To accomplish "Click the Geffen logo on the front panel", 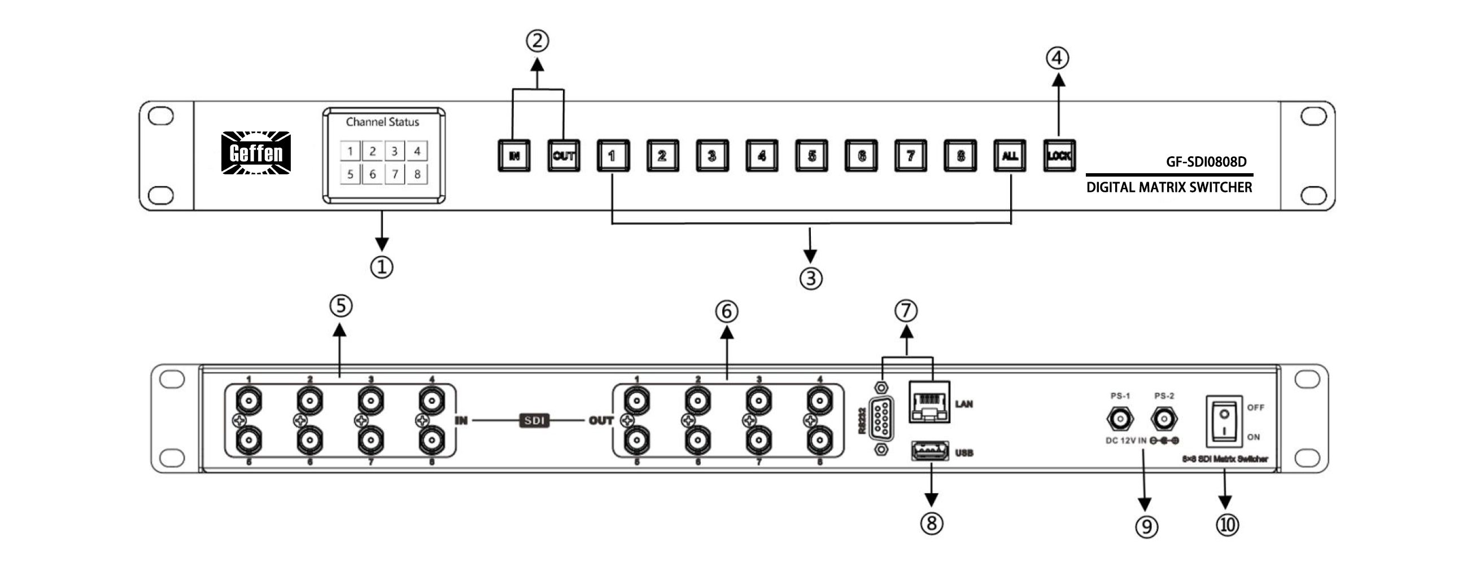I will tap(256, 152).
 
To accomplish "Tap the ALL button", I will tap(1010, 155).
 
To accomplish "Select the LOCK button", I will tap(1059, 155).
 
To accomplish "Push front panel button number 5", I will tap(811, 155).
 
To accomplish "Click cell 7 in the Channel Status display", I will tap(395, 174).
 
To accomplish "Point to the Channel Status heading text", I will tap(382, 122).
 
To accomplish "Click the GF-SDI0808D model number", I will tap(1206, 162).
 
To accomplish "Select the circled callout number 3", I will tap(811, 278).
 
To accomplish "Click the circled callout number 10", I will tap(1227, 525).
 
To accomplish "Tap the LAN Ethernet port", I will tap(929, 402).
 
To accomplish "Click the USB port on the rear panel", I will tap(929, 451).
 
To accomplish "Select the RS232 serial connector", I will tap(880, 420).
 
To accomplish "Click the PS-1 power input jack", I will tap(1120, 420).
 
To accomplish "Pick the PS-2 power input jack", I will tap(1164, 420).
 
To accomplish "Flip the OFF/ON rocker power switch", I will tap(1224, 421).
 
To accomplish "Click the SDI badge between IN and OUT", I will tap(534, 421).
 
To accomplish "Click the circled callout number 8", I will tap(932, 523).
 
